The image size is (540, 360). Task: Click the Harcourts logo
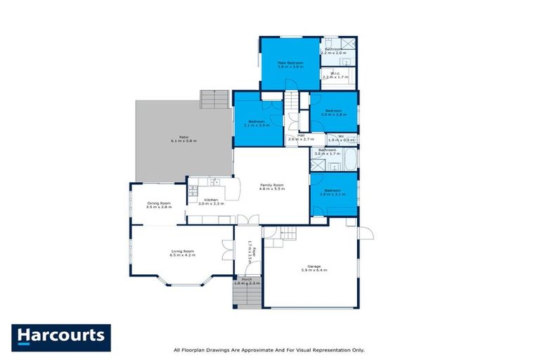click(x=61, y=337)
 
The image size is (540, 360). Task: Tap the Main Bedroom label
click(x=290, y=63)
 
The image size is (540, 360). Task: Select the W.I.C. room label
click(x=332, y=74)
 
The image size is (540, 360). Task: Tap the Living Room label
click(x=182, y=252)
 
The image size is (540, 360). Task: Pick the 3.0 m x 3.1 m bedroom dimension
click(x=333, y=195)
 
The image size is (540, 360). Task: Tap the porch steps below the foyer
click(x=246, y=296)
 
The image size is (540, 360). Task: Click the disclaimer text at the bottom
click(x=269, y=349)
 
